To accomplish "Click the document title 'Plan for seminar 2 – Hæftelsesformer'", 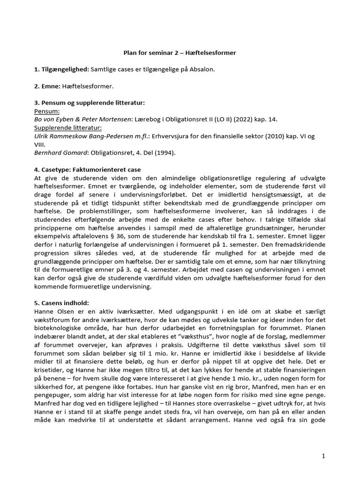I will pos(180,53).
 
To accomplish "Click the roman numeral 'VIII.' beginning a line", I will pos(41,144).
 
